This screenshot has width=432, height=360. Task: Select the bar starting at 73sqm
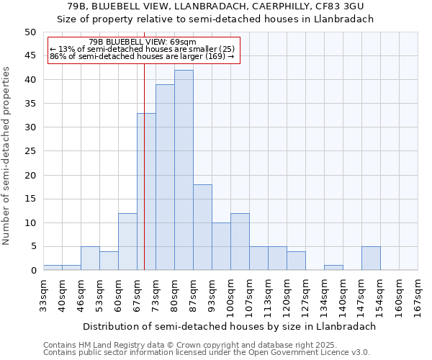165,177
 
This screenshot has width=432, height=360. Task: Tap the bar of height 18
202,227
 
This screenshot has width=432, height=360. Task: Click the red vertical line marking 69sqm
145,180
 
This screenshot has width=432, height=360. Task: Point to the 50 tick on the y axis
30,32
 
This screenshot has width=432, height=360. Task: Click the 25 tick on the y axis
30,151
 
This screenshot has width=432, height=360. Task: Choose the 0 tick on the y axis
33,271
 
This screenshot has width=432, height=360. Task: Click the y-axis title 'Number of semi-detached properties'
7,156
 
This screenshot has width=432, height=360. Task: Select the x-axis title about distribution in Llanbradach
229,326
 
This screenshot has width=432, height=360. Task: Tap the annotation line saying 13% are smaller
142,49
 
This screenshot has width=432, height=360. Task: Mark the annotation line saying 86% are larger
142,56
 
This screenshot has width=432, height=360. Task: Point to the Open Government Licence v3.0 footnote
206,352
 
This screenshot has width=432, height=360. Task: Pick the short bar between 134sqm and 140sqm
333,268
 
